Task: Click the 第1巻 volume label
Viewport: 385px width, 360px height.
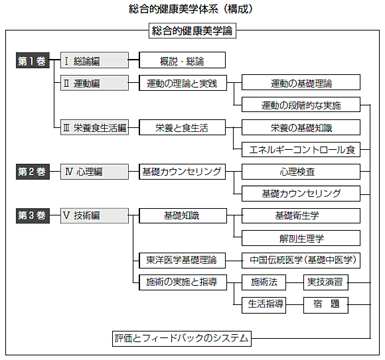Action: pyautogui.click(x=33, y=60)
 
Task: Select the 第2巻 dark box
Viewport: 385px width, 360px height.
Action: pyautogui.click(x=33, y=172)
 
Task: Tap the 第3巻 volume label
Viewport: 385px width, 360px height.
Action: pyautogui.click(x=33, y=216)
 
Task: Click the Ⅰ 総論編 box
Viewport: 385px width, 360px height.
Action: pyautogui.click(x=94, y=60)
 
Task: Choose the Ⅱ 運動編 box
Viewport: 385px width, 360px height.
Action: pyautogui.click(x=94, y=83)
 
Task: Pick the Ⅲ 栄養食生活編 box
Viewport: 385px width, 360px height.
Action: pyautogui.click(x=94, y=127)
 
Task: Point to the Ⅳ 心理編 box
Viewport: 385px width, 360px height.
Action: pyautogui.click(x=94, y=172)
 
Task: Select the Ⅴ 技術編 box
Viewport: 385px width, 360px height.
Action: pyautogui.click(x=94, y=216)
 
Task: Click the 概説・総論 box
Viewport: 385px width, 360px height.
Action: pyautogui.click(x=182, y=60)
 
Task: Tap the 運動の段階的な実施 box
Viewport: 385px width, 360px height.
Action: pyautogui.click(x=301, y=105)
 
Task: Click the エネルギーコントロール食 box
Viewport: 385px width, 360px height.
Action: pyautogui.click(x=301, y=149)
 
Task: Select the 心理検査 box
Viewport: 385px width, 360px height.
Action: pyautogui.click(x=301, y=172)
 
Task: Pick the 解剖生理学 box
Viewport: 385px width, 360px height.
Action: pyautogui.click(x=301, y=238)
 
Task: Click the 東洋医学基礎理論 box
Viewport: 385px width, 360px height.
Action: pyautogui.click(x=182, y=261)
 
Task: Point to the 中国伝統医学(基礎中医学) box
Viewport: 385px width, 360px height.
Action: pyautogui.click(x=301, y=261)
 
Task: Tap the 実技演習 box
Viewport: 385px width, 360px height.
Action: pyautogui.click(x=326, y=282)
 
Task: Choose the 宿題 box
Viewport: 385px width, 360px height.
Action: pyautogui.click(x=326, y=305)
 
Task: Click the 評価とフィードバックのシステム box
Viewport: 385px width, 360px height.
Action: pyautogui.click(x=182, y=339)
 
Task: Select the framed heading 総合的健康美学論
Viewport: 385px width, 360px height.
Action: pyautogui.click(x=193, y=30)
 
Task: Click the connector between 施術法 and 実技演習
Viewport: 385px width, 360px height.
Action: pyautogui.click(x=295, y=282)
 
